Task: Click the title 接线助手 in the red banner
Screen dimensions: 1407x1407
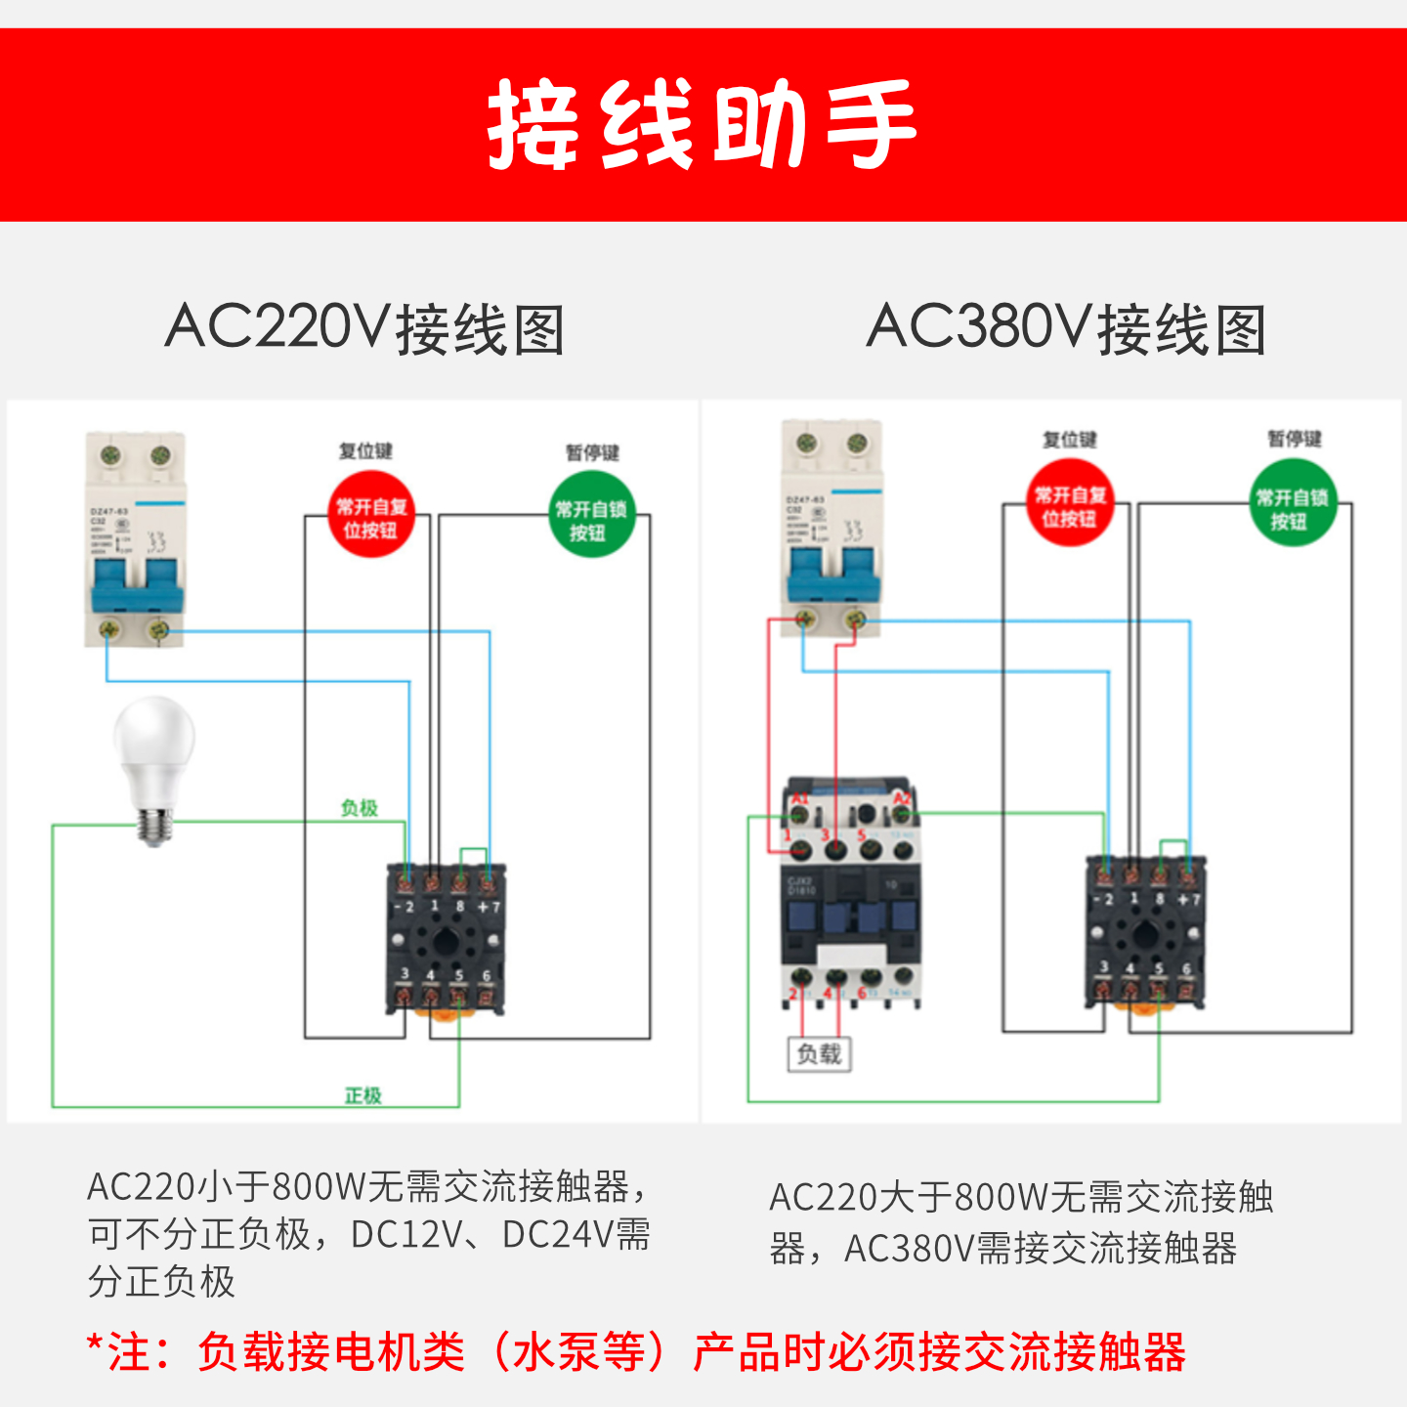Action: click(702, 124)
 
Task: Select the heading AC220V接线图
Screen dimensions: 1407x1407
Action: click(365, 328)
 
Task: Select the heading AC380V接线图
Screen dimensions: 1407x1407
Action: click(1067, 328)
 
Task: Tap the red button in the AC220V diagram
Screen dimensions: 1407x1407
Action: click(370, 516)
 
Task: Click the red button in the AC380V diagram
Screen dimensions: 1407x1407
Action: click(1070, 504)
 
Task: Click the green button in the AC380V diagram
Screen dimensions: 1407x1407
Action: click(1292, 506)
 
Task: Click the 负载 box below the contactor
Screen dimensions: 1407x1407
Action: click(819, 1053)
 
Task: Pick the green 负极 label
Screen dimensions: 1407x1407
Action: click(359, 808)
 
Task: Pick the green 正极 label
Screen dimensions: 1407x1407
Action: click(362, 1095)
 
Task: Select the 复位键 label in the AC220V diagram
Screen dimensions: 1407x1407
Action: click(365, 450)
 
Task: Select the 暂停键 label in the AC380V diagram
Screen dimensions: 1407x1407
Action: click(1295, 439)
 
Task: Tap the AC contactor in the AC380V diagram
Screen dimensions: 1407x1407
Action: click(851, 894)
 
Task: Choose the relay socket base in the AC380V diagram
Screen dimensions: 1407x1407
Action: click(1146, 933)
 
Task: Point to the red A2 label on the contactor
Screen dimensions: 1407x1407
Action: click(903, 799)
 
